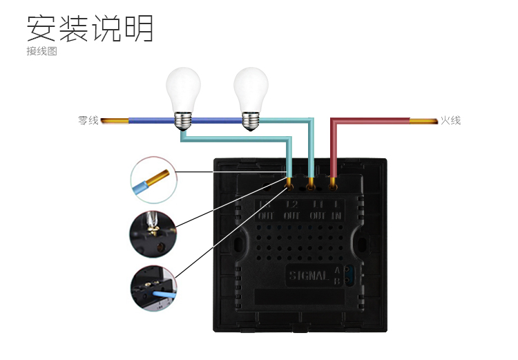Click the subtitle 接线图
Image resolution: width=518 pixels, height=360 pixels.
[x=41, y=51]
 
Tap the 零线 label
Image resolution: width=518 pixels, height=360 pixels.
[x=88, y=121]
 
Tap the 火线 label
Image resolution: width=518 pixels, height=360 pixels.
[x=450, y=120]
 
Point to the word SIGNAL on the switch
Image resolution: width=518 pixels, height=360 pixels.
[x=308, y=276]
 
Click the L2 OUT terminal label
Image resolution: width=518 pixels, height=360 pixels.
[x=290, y=210]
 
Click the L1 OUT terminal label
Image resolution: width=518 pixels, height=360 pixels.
[x=317, y=210]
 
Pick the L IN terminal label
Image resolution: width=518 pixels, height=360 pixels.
[x=337, y=210]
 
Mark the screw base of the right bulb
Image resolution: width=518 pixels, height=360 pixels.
[x=250, y=119]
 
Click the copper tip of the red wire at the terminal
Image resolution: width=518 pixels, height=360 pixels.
[x=334, y=184]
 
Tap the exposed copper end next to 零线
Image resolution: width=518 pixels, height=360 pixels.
[x=114, y=122]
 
